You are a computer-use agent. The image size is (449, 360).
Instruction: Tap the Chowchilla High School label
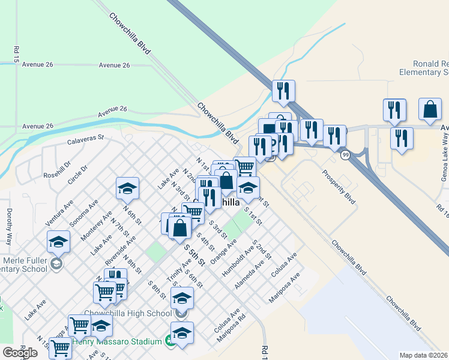point(128,313)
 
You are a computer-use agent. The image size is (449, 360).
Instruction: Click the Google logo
point(20,352)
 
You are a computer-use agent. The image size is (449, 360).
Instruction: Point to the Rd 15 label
point(13,53)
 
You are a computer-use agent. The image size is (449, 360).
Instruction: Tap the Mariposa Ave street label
point(287,287)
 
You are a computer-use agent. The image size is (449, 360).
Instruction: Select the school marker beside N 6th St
point(127,188)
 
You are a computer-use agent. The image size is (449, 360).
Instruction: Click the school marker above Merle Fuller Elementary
point(58,241)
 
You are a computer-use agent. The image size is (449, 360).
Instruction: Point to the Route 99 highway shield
point(345,155)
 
